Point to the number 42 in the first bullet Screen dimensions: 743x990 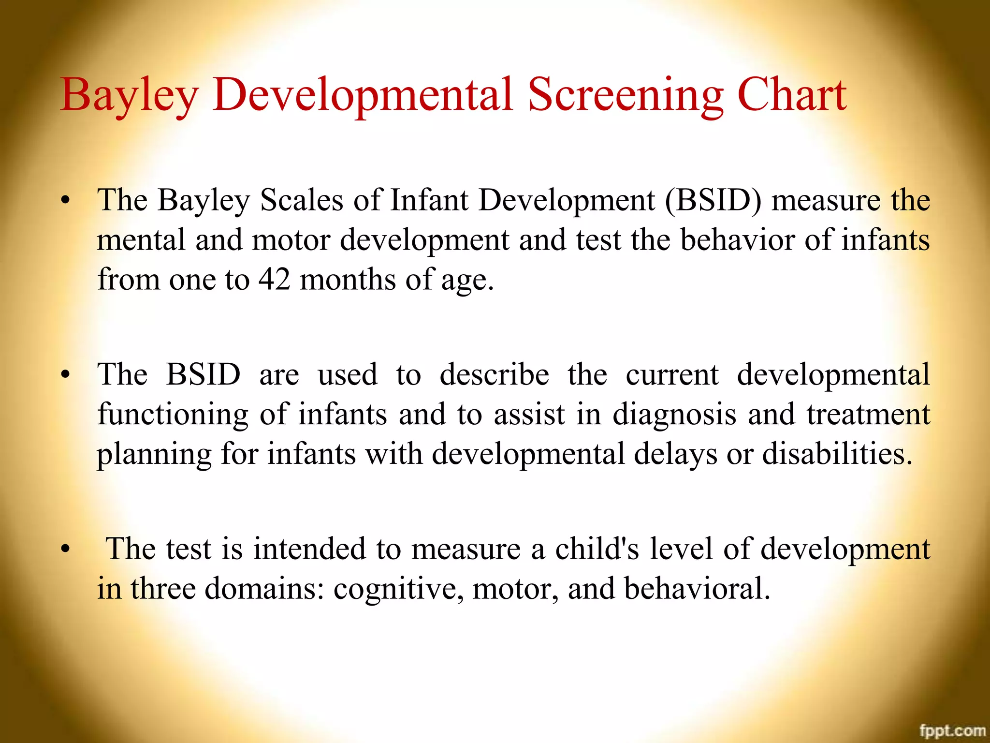click(274, 279)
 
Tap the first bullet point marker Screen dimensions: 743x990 click(66, 200)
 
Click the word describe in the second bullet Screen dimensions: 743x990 click(494, 374)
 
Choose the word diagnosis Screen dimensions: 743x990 click(674, 415)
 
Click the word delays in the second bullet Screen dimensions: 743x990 click(675, 455)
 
